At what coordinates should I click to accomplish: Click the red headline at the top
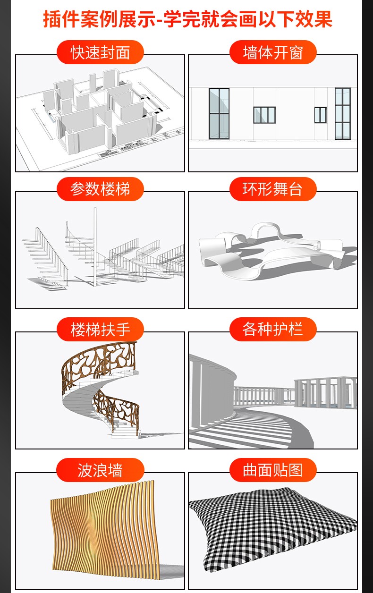click(x=187, y=19)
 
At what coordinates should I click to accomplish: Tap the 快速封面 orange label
click(x=100, y=52)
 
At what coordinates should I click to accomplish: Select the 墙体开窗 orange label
click(x=273, y=52)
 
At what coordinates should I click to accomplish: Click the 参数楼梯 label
click(x=100, y=189)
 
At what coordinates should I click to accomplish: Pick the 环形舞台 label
click(x=273, y=189)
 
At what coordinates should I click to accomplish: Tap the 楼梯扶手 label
click(x=100, y=330)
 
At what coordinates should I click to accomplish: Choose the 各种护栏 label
click(x=273, y=330)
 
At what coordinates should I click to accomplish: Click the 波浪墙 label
click(x=100, y=470)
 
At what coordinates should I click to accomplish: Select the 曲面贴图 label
click(x=273, y=470)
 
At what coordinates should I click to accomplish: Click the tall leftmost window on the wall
click(x=219, y=114)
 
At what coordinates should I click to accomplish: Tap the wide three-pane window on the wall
click(x=264, y=115)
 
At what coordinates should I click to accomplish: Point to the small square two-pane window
click(x=320, y=115)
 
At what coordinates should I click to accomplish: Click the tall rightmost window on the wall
click(x=343, y=114)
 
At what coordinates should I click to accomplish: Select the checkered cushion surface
click(x=273, y=527)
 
